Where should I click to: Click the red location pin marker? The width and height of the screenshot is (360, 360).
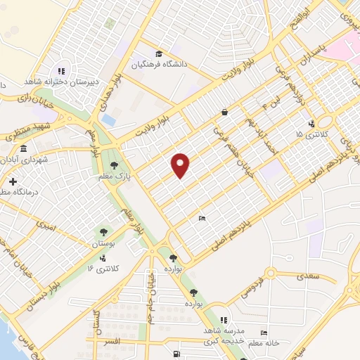181,165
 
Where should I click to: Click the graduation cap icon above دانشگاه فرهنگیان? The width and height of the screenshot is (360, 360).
159,53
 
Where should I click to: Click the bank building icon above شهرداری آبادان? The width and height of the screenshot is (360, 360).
24,149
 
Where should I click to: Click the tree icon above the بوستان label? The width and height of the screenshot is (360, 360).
103,231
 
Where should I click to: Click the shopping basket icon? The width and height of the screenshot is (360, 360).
224,112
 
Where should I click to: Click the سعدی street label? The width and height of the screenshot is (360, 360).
307,276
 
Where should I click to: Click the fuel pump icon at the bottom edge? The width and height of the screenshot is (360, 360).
175,354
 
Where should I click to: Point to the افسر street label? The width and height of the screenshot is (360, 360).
113,342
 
